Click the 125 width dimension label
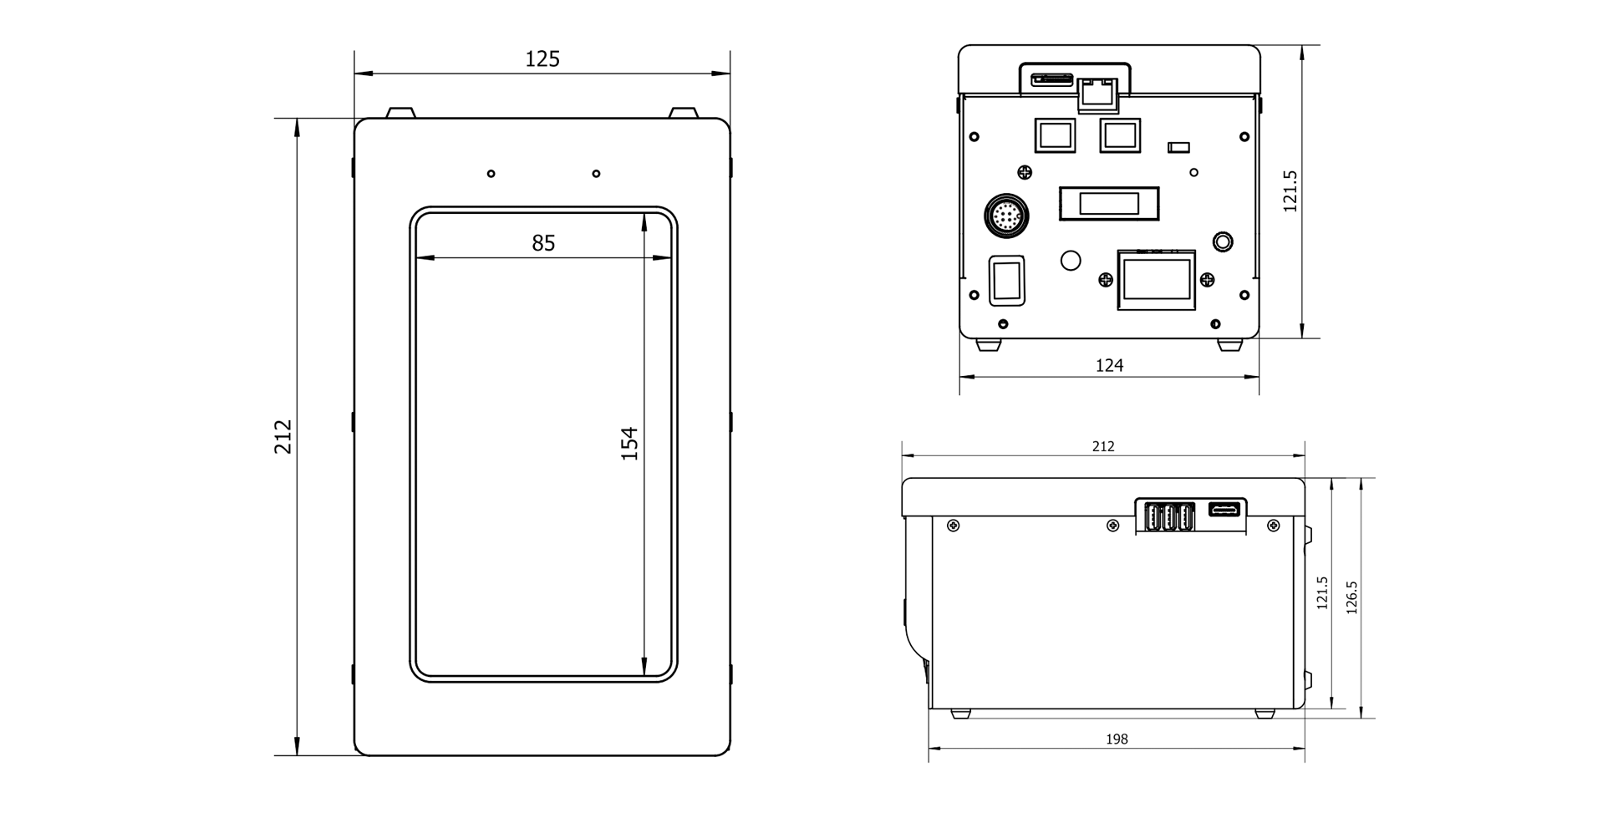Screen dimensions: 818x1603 542,59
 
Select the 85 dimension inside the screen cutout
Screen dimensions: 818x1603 543,243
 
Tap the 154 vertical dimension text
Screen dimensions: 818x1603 629,444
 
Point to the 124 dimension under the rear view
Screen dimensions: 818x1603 1109,365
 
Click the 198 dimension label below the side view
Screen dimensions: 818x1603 1117,739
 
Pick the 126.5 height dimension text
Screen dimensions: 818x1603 1352,597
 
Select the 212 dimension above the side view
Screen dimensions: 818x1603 1103,447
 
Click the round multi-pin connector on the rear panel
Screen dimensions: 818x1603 1006,216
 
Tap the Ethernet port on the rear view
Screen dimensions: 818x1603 1098,94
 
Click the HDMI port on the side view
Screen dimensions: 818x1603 1226,510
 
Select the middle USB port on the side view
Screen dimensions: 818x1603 1168,518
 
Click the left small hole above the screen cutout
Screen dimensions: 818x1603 491,174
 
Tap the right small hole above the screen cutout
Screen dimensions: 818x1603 596,174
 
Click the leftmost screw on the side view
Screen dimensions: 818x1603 953,526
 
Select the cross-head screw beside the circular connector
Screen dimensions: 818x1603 1025,173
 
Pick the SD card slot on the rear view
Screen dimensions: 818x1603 1052,80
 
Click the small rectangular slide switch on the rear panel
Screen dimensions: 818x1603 1178,148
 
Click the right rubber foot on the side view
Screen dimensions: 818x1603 1265,714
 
